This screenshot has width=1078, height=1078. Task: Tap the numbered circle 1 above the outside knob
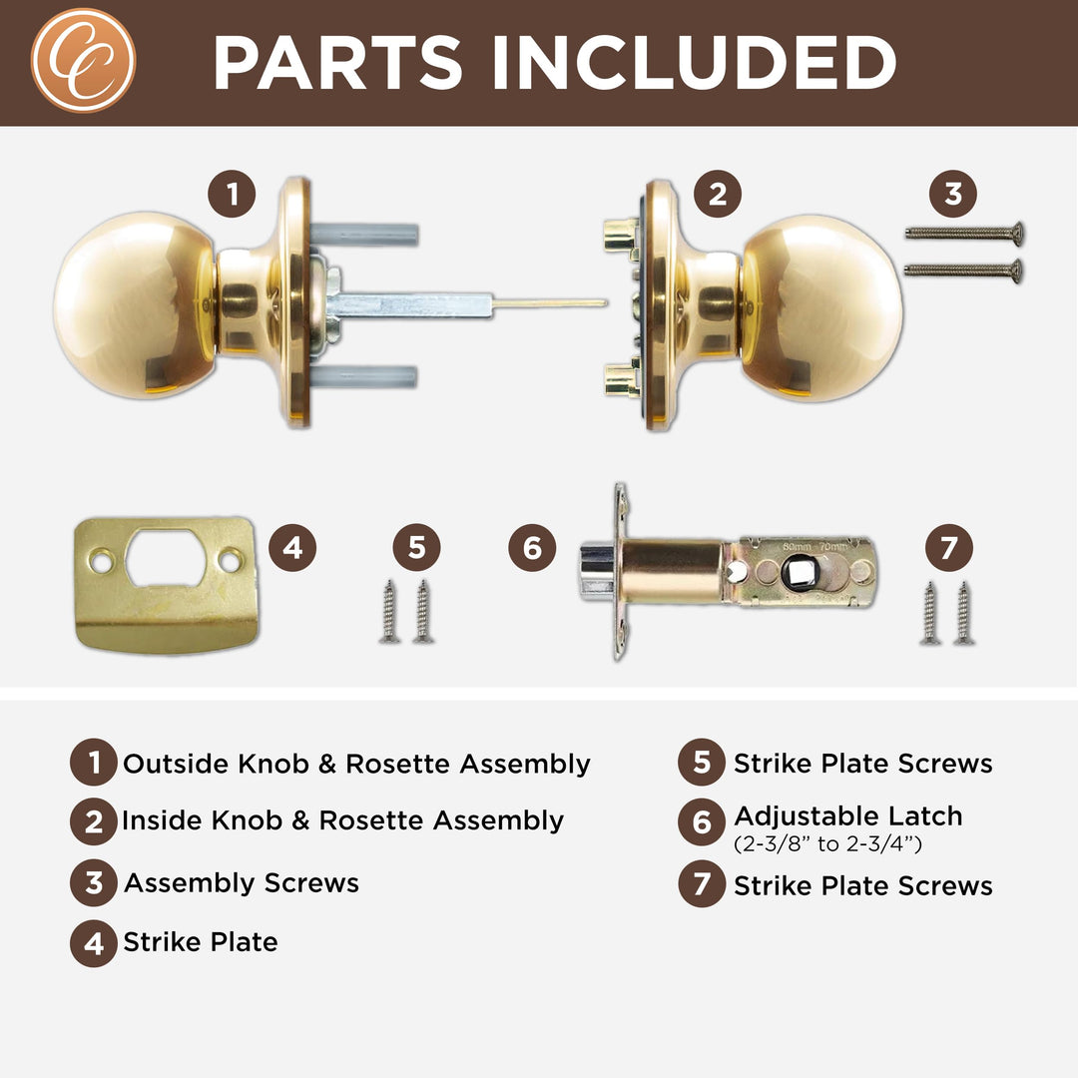click(x=232, y=194)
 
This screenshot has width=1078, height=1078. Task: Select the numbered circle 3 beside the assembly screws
click(x=953, y=194)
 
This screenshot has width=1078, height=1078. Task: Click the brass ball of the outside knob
click(x=130, y=305)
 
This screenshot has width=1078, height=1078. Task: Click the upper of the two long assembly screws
click(x=964, y=234)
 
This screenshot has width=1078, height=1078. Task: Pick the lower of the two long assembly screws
click(x=964, y=269)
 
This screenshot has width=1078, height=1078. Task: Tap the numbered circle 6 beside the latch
click(x=532, y=548)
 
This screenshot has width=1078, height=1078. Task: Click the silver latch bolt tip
click(x=596, y=570)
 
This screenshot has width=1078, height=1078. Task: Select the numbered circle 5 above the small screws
click(x=416, y=548)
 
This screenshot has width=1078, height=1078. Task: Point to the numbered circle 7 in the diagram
click(x=948, y=548)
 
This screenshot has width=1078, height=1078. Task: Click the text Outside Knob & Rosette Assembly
click(x=356, y=765)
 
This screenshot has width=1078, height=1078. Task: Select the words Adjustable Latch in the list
click(x=848, y=815)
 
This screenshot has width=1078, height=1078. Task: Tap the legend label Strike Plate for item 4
click(x=200, y=942)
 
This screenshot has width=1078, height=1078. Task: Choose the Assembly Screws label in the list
click(x=241, y=883)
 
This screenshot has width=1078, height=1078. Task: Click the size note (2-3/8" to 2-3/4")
click(x=827, y=843)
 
